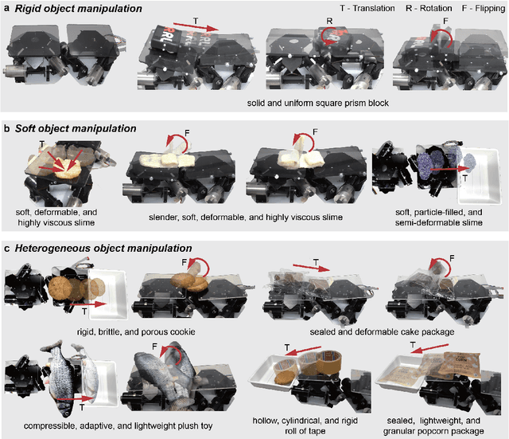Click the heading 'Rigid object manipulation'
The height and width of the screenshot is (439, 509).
click(78, 9)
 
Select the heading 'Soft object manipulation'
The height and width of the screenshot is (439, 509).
click(76, 128)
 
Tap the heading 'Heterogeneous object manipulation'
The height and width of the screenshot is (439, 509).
click(103, 249)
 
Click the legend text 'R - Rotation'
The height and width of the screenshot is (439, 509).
click(429, 8)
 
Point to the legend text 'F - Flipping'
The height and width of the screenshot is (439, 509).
click(484, 8)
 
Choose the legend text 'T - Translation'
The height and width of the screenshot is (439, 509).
click(367, 8)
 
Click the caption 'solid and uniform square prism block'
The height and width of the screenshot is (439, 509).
click(318, 103)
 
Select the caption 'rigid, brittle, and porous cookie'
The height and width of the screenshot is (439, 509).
click(136, 331)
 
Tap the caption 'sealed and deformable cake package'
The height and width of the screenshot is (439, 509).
click(382, 331)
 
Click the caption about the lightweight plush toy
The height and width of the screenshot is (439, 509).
click(119, 425)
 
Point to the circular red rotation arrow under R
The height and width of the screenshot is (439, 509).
click(329, 37)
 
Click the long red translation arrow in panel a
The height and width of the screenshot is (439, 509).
click(196, 27)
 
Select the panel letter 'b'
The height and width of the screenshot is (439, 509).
click(7, 128)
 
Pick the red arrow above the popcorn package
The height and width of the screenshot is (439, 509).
click(431, 349)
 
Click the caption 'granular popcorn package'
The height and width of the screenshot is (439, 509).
click(433, 431)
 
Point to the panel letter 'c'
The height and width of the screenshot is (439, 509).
click(7, 249)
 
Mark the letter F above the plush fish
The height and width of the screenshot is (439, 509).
click(154, 347)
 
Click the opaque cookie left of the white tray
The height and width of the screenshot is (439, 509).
click(60, 288)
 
